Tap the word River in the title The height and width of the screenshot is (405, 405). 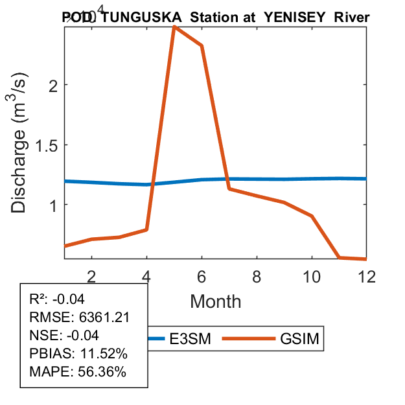pyautogui.click(x=352, y=17)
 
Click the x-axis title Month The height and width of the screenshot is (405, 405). pyautogui.click(x=216, y=301)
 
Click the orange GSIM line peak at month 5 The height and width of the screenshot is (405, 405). pyautogui.click(x=174, y=27)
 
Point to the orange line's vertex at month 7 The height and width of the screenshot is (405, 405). pyautogui.click(x=229, y=189)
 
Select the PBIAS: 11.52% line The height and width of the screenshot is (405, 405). pyautogui.click(x=79, y=354)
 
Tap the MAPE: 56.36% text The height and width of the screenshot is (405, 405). pyautogui.click(x=78, y=372)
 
